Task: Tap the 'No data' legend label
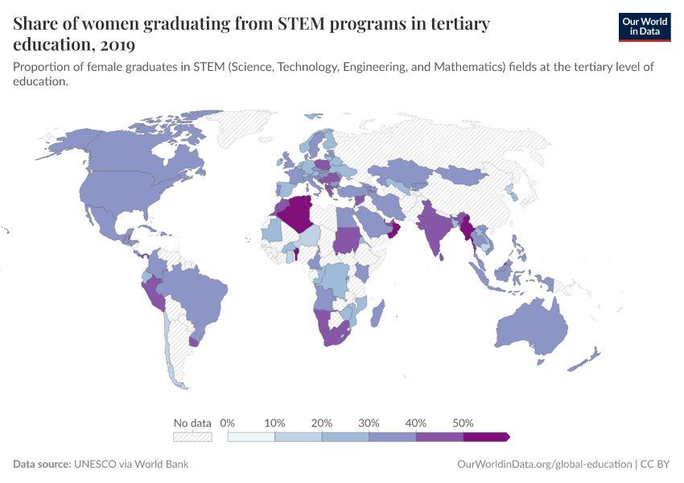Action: [192, 423]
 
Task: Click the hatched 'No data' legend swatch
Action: [192, 437]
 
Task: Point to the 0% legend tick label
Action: [228, 423]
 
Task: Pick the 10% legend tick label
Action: [274, 423]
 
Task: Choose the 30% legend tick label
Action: [369, 423]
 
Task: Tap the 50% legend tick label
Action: [463, 423]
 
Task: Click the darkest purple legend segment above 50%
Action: [485, 437]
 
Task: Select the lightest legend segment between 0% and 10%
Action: [251, 437]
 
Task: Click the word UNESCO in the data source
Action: [98, 464]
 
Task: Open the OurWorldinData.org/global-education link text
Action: [543, 464]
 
